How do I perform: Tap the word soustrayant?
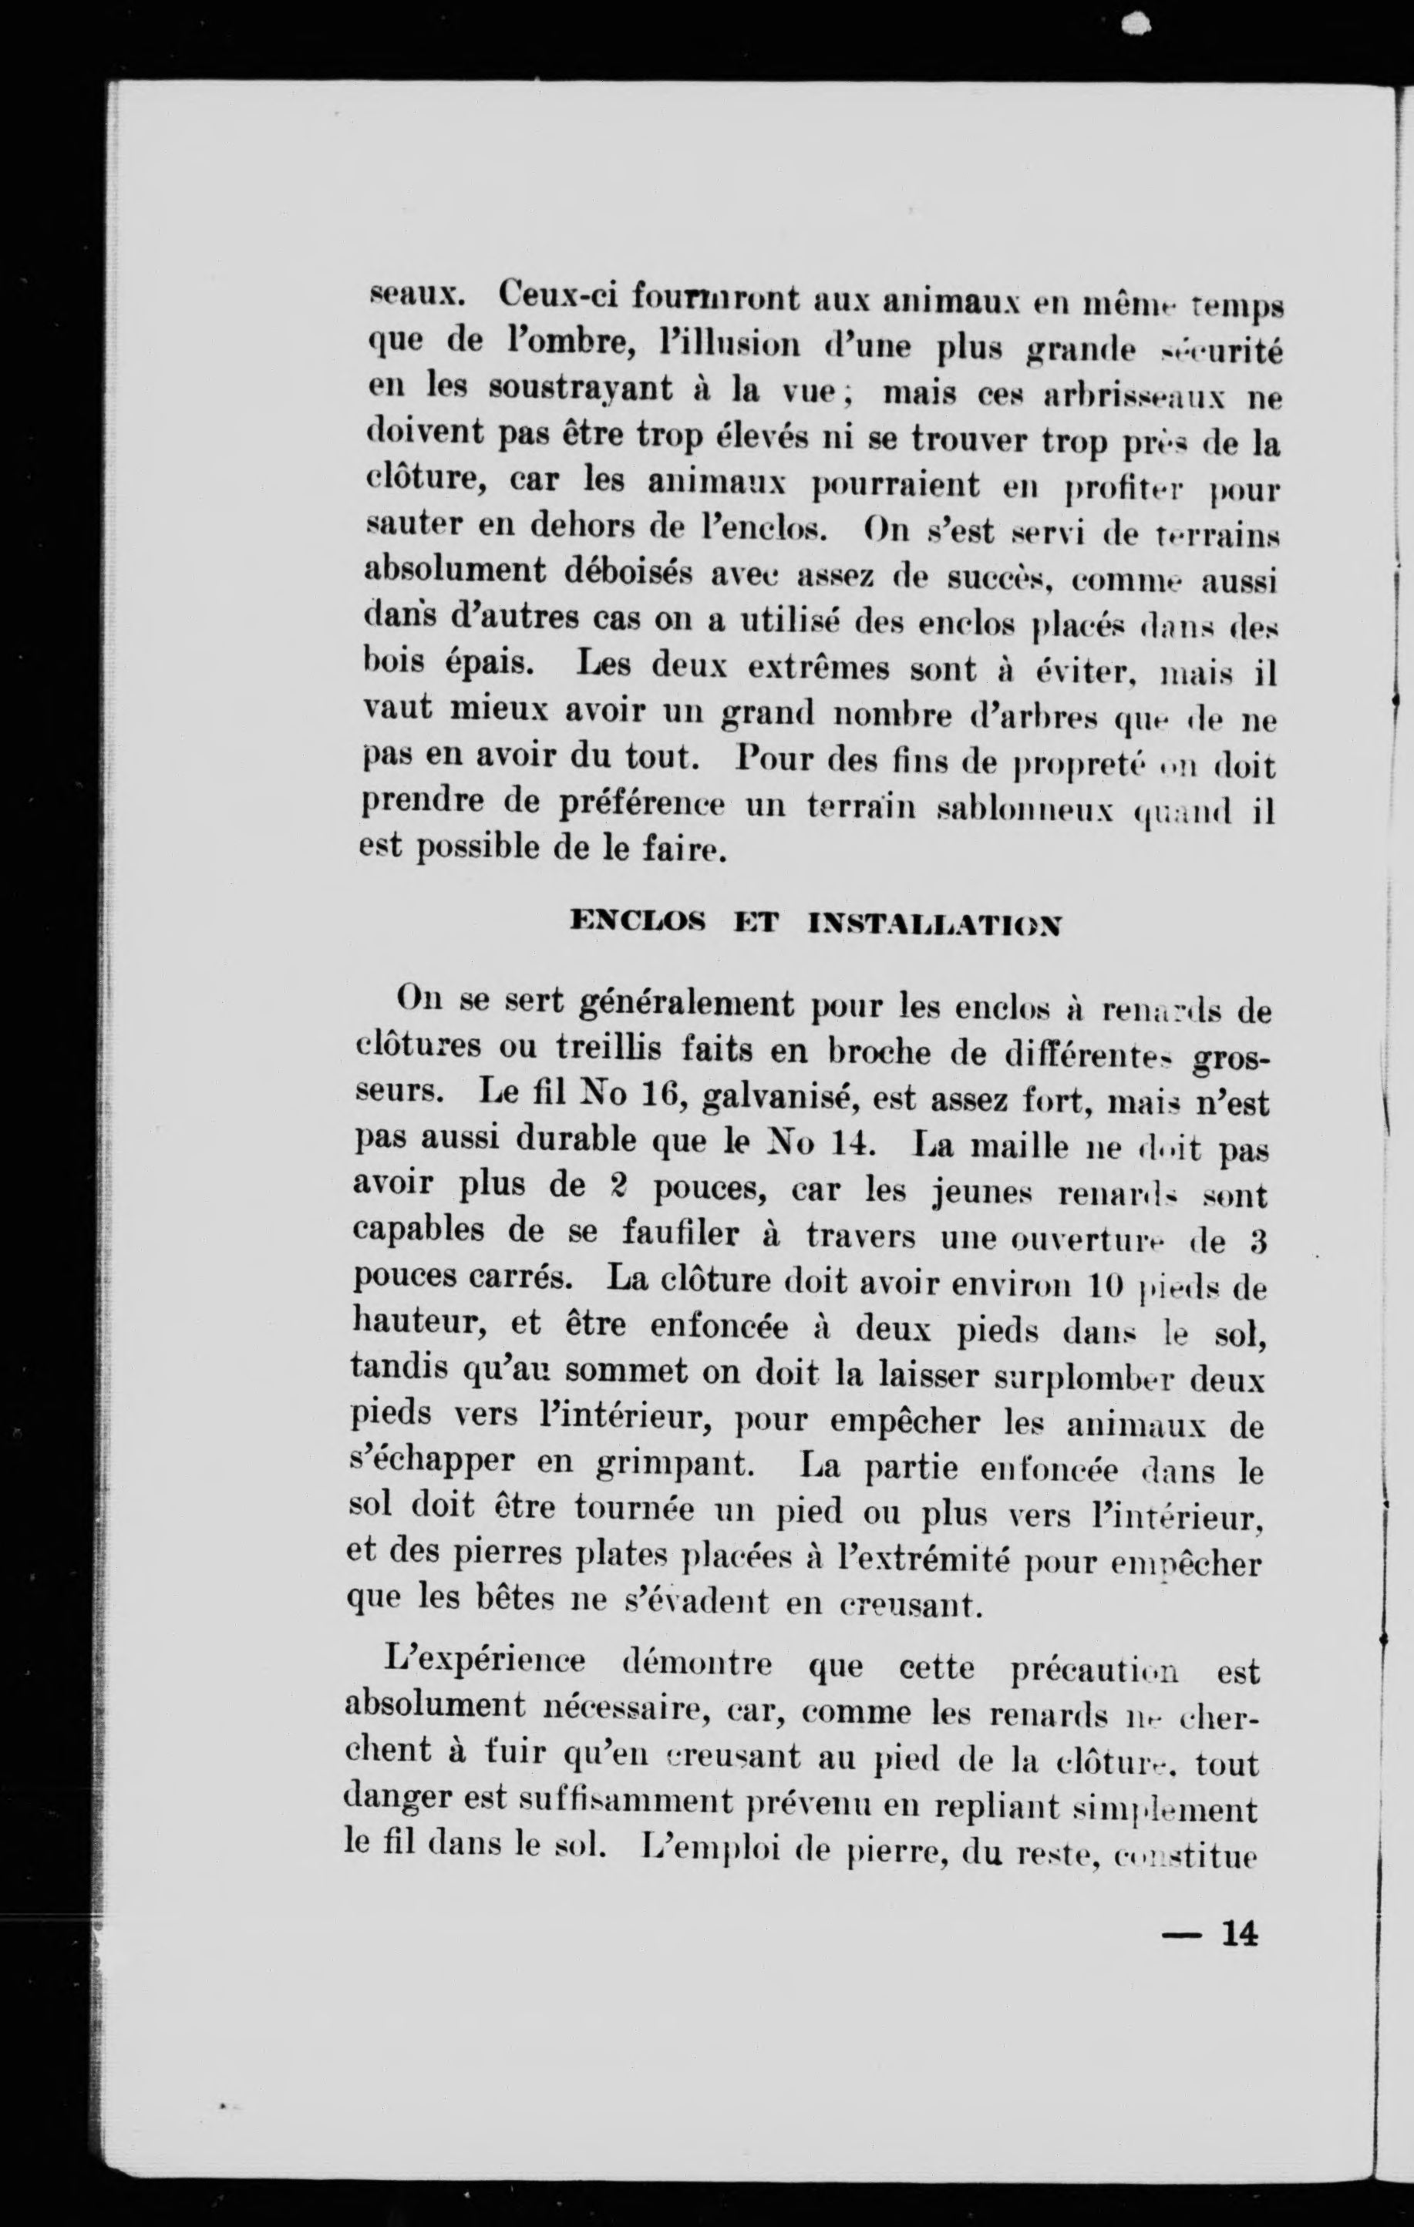tap(581, 389)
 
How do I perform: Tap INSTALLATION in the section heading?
tap(933, 923)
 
